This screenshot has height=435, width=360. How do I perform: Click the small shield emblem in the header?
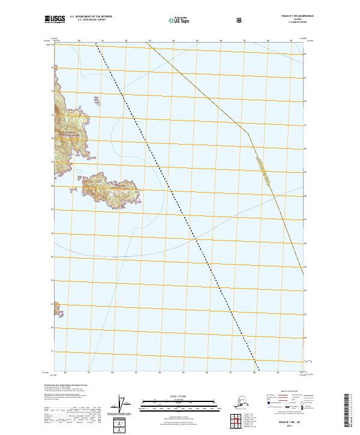click(x=239, y=20)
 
